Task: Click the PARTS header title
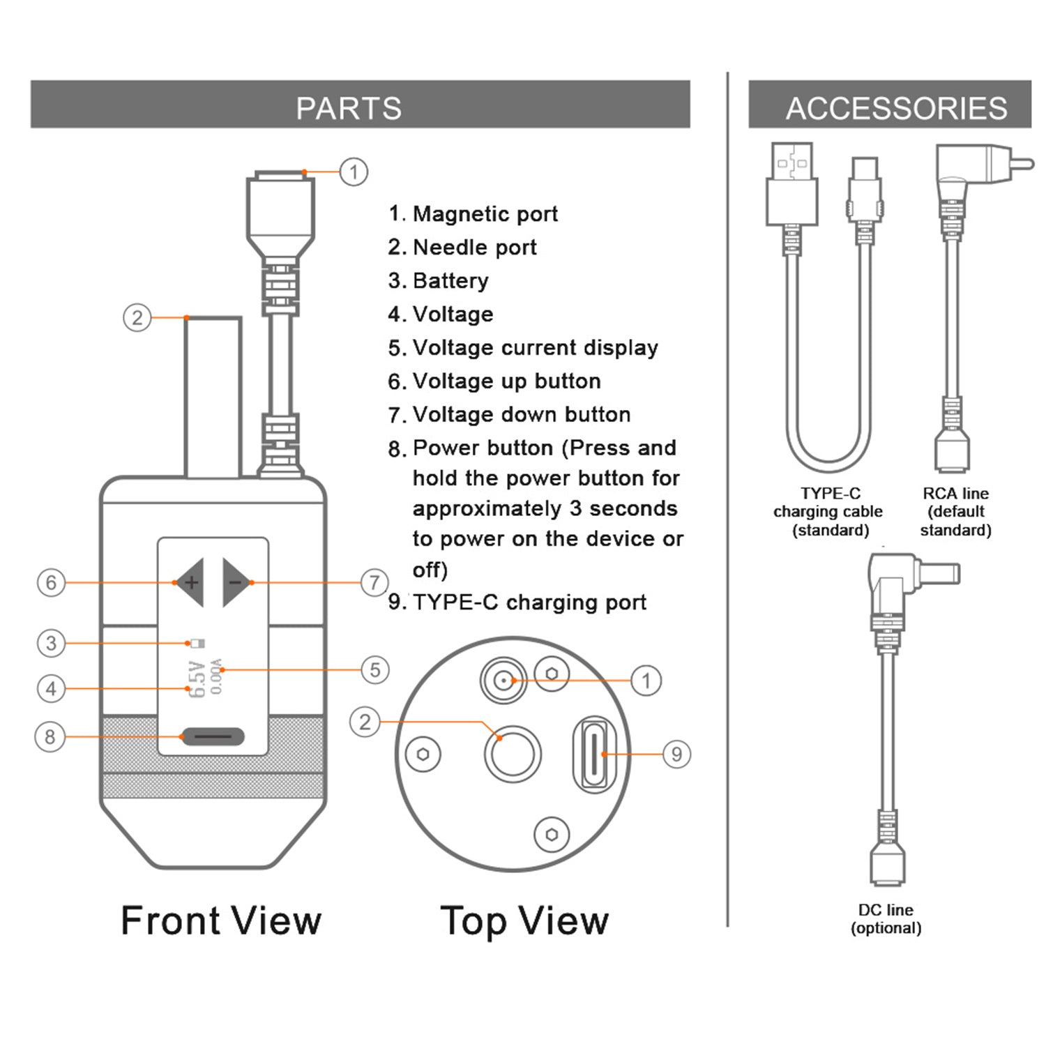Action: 349,108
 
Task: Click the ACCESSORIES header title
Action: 896,108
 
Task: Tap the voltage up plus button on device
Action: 190,582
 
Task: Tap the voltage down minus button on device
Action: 236,582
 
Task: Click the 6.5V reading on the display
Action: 197,680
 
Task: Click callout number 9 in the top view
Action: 676,754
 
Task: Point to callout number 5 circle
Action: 374,670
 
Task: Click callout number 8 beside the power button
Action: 50,736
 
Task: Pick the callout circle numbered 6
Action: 51,582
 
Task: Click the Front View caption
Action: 221,920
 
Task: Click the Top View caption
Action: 524,920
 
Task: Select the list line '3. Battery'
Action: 439,281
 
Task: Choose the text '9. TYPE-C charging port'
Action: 517,602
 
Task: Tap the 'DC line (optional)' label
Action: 886,918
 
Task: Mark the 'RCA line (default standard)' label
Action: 955,512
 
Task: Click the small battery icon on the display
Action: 197,643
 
